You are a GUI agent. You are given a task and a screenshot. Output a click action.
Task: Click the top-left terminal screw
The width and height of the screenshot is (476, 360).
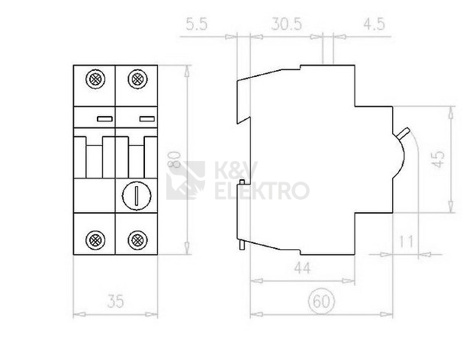(x=95, y=79)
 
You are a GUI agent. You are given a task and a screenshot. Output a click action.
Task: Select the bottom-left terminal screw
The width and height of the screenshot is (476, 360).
(x=95, y=238)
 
